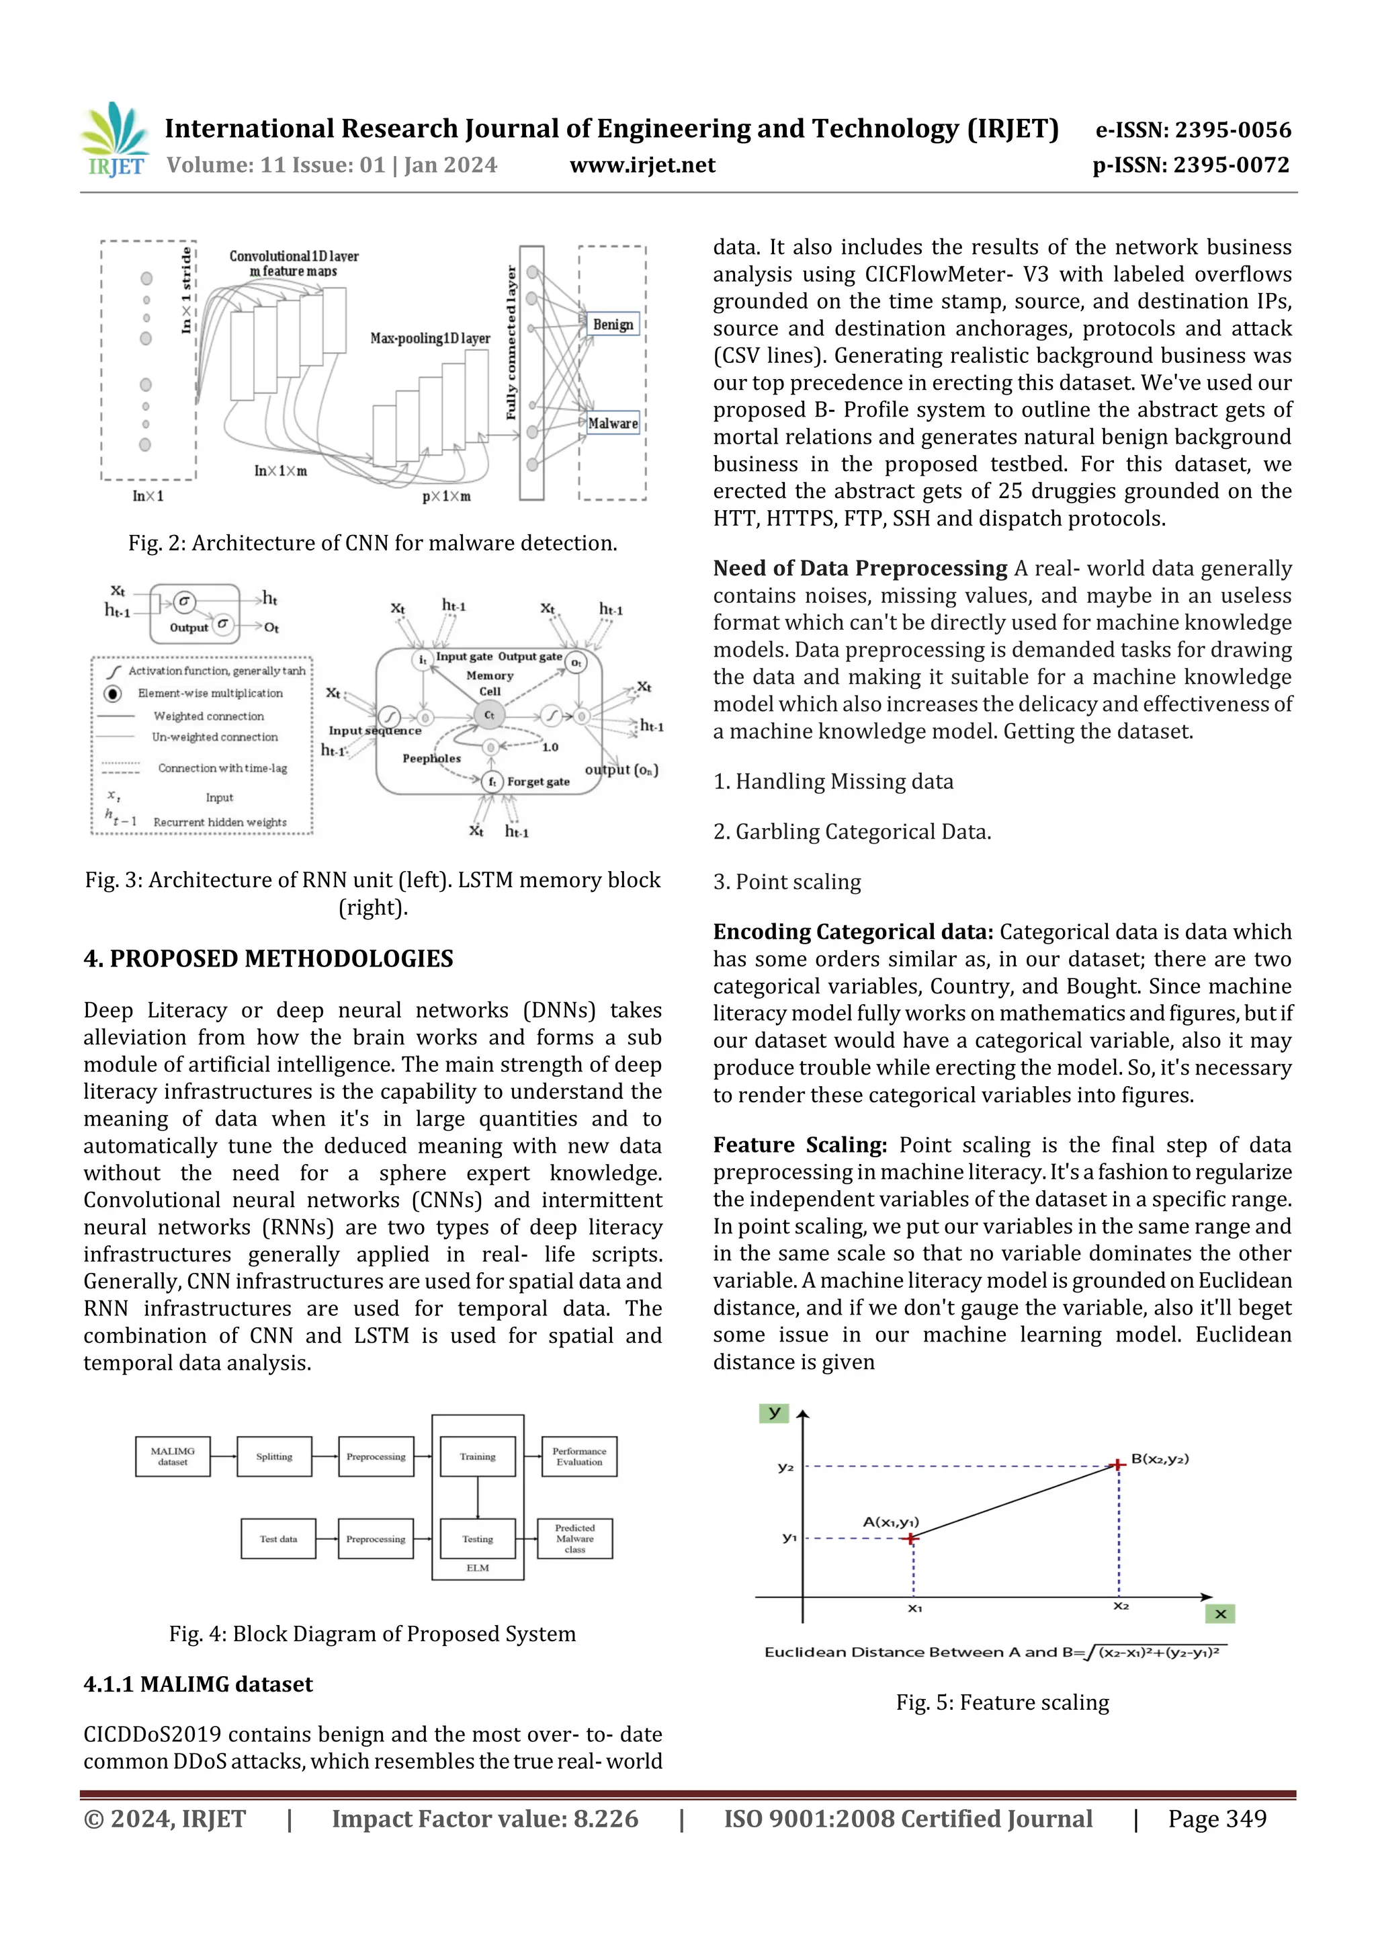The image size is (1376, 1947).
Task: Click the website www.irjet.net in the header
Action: click(642, 165)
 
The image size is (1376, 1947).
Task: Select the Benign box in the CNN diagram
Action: click(612, 325)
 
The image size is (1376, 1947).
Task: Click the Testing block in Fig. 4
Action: click(477, 1539)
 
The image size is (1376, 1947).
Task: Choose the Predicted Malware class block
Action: click(575, 1539)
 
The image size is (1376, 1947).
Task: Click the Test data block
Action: click(278, 1539)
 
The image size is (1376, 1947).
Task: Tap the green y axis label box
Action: click(773, 1413)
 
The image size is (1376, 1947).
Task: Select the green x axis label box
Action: click(1219, 1614)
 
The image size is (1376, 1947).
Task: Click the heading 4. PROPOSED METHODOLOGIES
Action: click(268, 959)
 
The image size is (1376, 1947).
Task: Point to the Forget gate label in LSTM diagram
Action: click(537, 782)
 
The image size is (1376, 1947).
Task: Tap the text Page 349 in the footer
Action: click(1217, 1819)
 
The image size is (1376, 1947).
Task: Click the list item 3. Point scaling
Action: click(787, 882)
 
